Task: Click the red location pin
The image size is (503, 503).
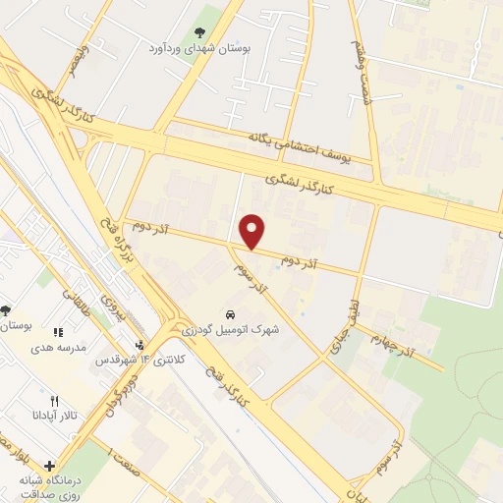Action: (x=253, y=230)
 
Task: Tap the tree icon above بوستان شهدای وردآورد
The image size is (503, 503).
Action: (x=200, y=33)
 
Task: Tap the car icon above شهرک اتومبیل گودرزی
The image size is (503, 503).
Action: (x=229, y=314)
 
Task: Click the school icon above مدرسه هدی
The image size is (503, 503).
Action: (x=57, y=333)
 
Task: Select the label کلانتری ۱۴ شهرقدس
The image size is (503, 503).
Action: (x=140, y=360)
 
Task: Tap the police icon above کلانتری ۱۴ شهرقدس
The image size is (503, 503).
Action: (x=140, y=345)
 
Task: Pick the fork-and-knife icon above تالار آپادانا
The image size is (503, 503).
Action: (x=55, y=401)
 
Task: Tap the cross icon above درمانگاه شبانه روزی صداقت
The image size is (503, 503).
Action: (x=49, y=466)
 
